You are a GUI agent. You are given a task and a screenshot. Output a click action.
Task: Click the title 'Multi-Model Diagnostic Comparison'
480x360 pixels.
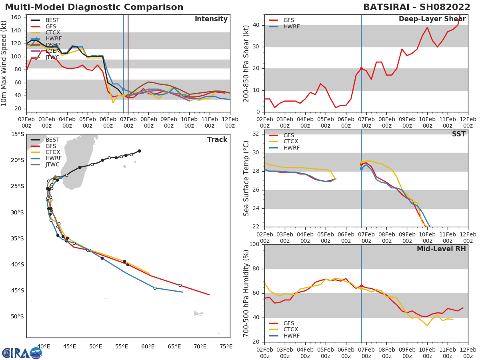coord(94,7)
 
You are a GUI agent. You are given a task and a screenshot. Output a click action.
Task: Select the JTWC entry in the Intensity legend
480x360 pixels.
coord(52,58)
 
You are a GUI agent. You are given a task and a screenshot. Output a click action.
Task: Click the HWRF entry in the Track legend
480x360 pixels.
coord(52,158)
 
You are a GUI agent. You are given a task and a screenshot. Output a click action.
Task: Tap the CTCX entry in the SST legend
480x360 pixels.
coord(290,142)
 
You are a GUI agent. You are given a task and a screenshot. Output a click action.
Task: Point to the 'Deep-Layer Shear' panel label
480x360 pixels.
coord(432,19)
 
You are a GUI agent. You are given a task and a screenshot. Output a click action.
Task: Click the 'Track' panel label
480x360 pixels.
coord(217,140)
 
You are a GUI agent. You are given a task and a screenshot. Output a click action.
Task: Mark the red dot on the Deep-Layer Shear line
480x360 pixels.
coord(361,69)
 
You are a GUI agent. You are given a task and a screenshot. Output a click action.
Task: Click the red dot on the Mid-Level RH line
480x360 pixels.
coord(361,286)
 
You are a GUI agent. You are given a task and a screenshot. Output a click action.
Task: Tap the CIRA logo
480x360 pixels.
coord(22,353)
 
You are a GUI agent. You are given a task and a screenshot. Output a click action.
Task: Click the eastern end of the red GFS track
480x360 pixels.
coord(209,295)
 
